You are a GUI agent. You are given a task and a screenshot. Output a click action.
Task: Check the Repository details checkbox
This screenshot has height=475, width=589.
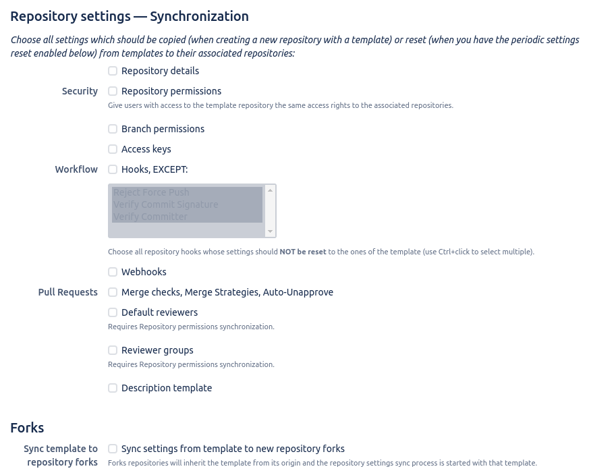113,71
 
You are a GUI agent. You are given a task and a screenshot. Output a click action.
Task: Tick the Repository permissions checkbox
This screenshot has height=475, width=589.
113,91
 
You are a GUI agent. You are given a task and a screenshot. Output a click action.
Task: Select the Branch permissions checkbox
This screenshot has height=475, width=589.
113,129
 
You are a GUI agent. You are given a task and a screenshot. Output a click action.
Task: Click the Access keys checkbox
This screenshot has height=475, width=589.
113,149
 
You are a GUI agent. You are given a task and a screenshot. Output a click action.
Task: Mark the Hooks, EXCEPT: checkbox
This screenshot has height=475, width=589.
113,169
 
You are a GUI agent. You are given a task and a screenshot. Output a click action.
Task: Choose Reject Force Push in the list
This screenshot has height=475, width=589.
151,192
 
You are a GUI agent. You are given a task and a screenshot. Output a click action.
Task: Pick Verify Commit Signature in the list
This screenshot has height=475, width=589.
166,204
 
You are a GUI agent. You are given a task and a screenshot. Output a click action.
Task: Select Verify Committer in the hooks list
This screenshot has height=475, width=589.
150,217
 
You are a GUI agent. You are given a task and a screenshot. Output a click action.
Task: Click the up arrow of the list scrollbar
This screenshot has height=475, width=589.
271,190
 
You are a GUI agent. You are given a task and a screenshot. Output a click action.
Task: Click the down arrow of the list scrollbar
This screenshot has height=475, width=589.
271,231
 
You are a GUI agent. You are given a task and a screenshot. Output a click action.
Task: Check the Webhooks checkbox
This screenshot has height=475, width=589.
113,272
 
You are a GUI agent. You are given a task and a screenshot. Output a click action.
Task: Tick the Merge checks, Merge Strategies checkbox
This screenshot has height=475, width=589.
113,292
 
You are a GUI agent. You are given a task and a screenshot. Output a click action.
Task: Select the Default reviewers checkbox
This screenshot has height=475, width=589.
113,312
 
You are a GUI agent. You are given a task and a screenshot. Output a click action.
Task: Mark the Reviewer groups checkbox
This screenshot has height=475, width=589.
113,350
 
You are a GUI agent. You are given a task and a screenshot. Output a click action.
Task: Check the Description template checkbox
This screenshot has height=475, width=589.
113,388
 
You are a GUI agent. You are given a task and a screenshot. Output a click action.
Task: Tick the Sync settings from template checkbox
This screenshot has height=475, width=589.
113,449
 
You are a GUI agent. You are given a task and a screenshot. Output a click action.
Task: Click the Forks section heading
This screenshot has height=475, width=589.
27,428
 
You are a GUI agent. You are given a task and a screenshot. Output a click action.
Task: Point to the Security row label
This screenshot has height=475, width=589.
80,91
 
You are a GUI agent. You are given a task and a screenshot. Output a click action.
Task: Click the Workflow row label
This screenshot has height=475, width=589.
76,169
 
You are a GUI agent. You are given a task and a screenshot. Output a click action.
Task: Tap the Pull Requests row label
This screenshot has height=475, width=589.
67,292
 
